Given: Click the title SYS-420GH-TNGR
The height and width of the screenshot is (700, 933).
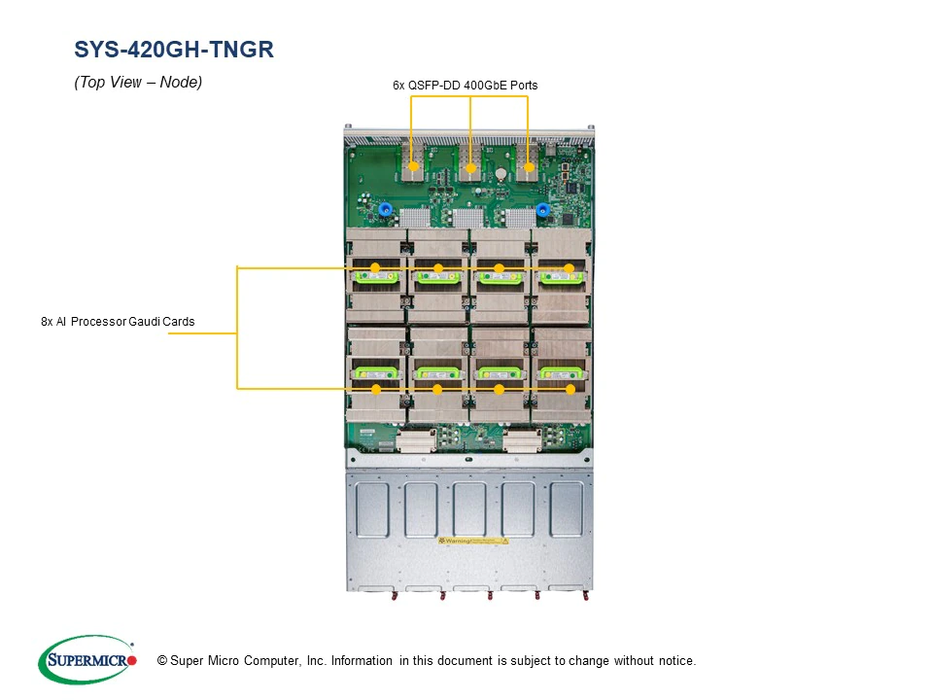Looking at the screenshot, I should click(x=174, y=50).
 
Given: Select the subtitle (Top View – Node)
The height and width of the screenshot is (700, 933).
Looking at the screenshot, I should click(x=138, y=83).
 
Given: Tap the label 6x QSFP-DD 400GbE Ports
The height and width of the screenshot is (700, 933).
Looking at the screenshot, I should click(x=465, y=86).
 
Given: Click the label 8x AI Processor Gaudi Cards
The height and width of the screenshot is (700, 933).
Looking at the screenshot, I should click(x=118, y=322).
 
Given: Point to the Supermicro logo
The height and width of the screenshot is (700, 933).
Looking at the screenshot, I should click(x=87, y=660).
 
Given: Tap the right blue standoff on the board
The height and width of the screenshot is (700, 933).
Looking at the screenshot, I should click(x=542, y=209).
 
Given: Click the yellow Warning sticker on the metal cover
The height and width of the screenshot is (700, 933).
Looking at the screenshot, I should click(x=472, y=540).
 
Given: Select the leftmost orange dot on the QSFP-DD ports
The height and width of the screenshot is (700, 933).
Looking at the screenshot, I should click(x=414, y=167).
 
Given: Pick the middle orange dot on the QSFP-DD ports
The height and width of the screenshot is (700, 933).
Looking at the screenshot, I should click(x=470, y=168).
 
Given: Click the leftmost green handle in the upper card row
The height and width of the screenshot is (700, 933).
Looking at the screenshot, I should click(x=375, y=277).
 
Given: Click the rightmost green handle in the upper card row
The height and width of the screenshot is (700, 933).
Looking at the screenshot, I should click(x=562, y=277).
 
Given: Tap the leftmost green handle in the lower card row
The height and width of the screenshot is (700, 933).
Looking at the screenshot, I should click(x=375, y=372).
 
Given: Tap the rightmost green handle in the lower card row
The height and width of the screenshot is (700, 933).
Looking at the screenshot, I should click(x=562, y=372).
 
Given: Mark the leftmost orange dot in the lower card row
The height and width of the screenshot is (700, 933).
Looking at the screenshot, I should click(x=376, y=389).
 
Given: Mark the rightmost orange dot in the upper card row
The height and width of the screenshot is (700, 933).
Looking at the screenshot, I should click(x=569, y=268).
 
